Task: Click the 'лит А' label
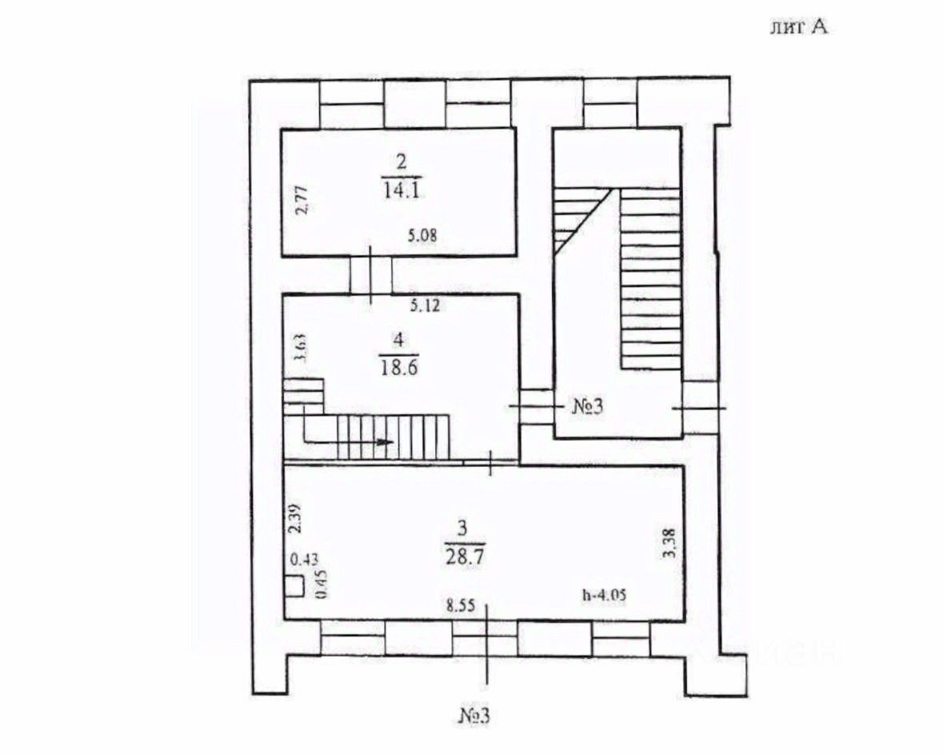(797, 27)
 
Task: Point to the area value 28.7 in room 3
(464, 555)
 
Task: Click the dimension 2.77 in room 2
(301, 200)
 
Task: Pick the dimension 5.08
(424, 236)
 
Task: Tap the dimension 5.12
(426, 305)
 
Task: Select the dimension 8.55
(462, 606)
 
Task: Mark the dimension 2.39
(294, 521)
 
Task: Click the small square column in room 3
(294, 586)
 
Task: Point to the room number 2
(402, 161)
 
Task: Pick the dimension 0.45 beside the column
(322, 584)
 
